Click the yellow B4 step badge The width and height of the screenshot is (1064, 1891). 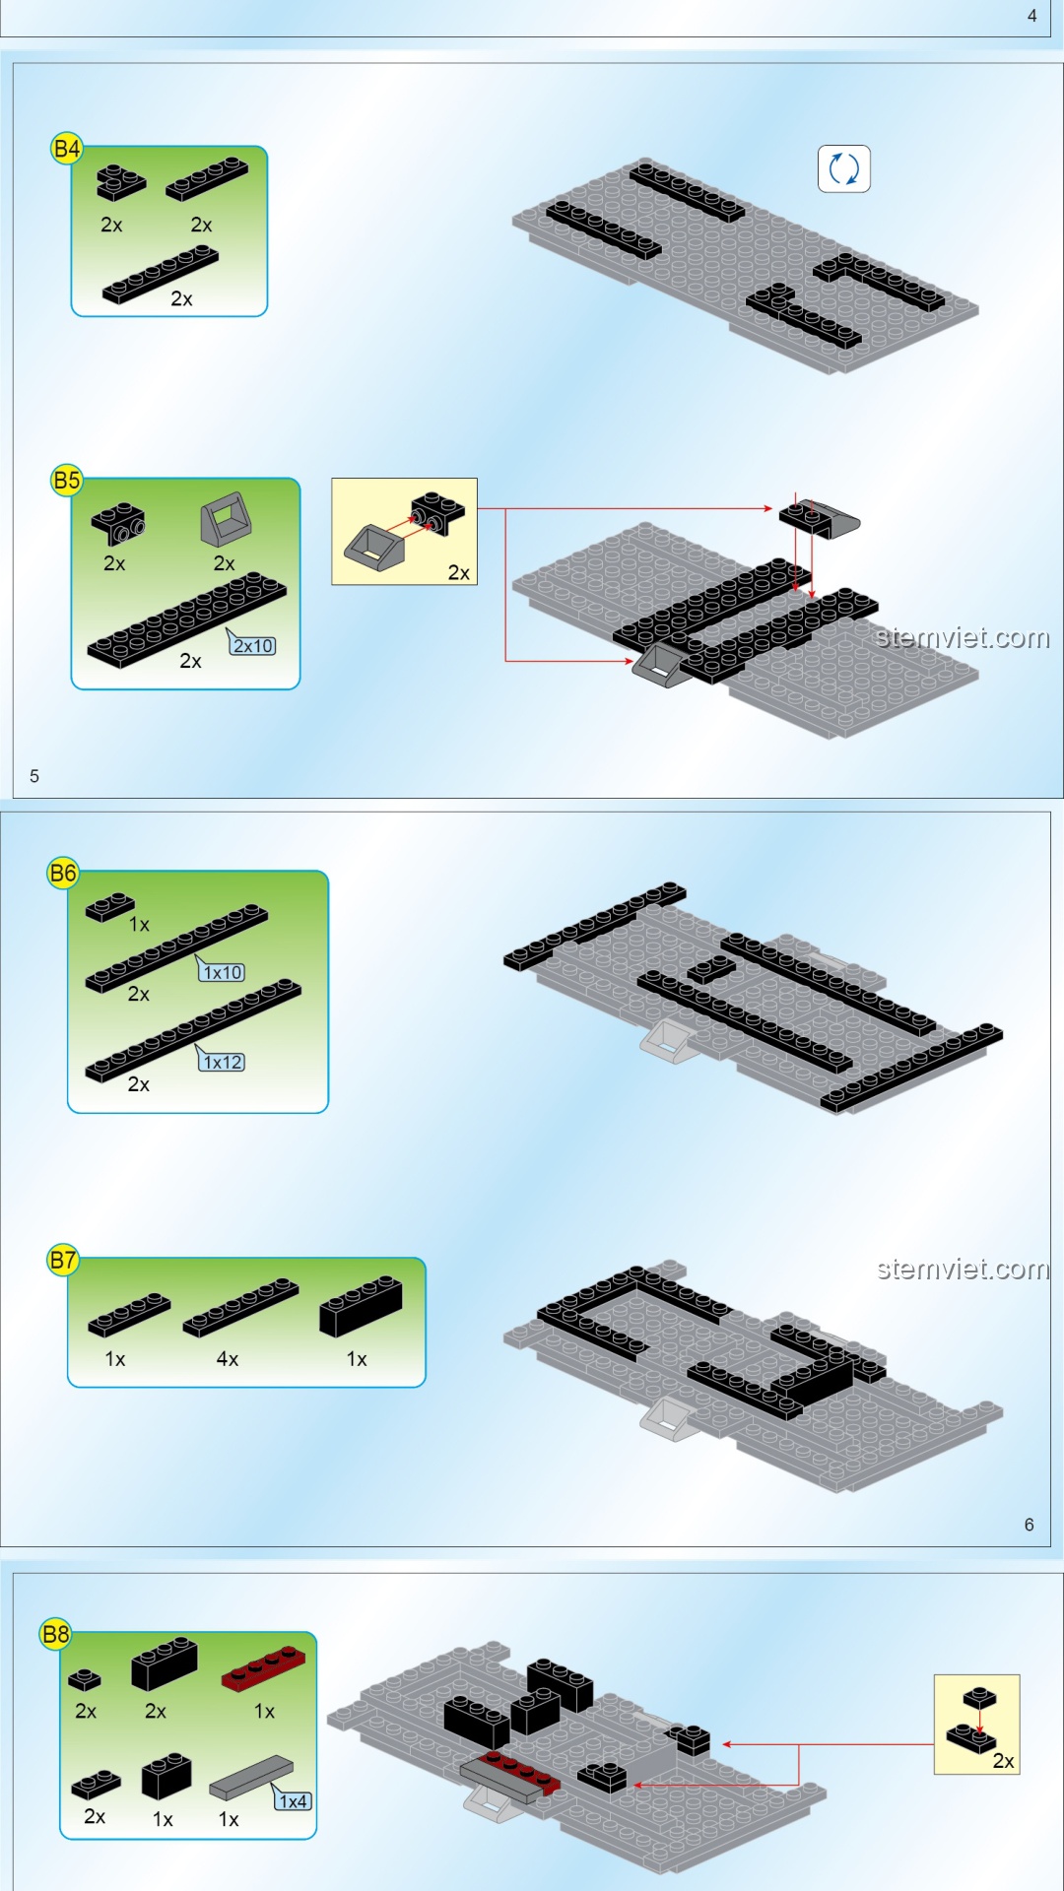click(66, 149)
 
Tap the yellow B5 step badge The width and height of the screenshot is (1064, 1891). click(66, 481)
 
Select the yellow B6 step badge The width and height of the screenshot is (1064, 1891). click(63, 873)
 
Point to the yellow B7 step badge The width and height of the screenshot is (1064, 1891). click(63, 1260)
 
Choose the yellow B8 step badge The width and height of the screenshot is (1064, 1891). click(55, 1635)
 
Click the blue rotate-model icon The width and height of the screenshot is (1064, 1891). click(844, 168)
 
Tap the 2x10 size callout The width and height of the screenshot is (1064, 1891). click(252, 644)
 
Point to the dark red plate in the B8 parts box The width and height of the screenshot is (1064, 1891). click(263, 1669)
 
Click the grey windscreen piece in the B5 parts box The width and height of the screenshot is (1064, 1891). click(226, 519)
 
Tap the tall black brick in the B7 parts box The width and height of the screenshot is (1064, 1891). click(361, 1306)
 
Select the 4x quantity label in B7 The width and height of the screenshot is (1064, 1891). click(228, 1359)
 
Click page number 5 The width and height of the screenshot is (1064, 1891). click(34, 776)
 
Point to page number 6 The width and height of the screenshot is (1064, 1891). click(1030, 1525)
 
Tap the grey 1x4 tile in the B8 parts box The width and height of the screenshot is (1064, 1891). click(251, 1777)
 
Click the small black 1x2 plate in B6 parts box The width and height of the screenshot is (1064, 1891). click(110, 906)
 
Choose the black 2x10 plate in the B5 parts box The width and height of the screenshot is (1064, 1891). click(187, 619)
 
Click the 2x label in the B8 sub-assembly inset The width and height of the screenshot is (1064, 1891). click(1003, 1761)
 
